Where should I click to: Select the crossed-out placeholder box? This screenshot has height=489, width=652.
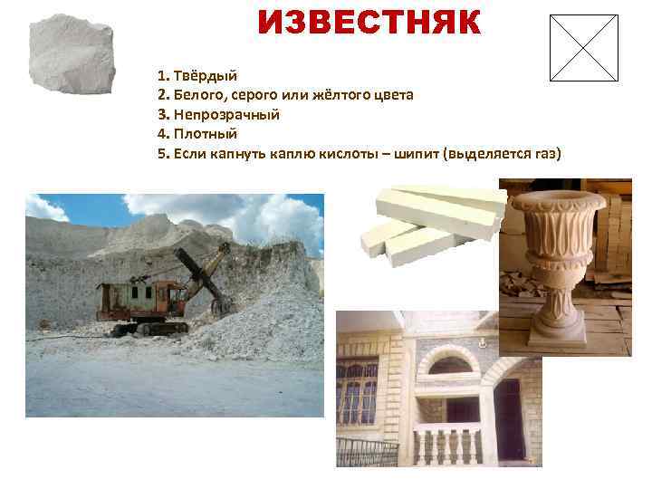coord(584,48)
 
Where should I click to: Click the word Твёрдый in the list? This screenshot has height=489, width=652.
coord(211,76)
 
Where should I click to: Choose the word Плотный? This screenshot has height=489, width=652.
coord(205,134)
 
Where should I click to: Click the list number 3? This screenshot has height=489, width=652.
coord(162,115)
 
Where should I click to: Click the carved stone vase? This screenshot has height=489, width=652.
coord(553,263)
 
